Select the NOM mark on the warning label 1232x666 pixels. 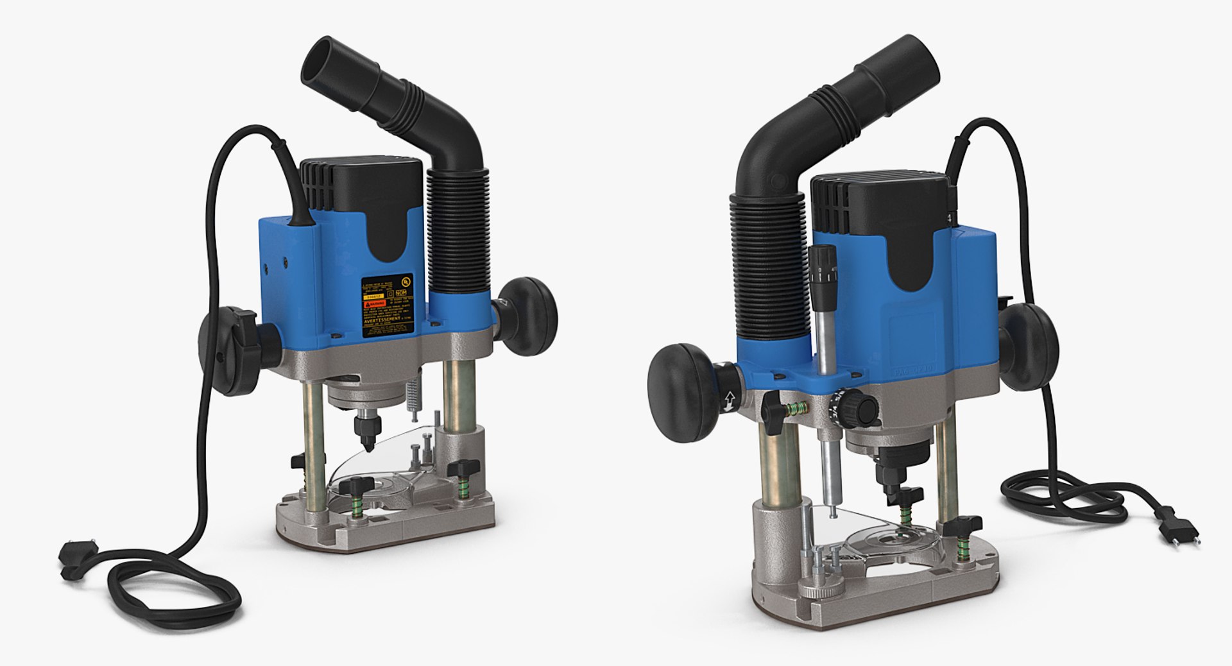click(x=403, y=296)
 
